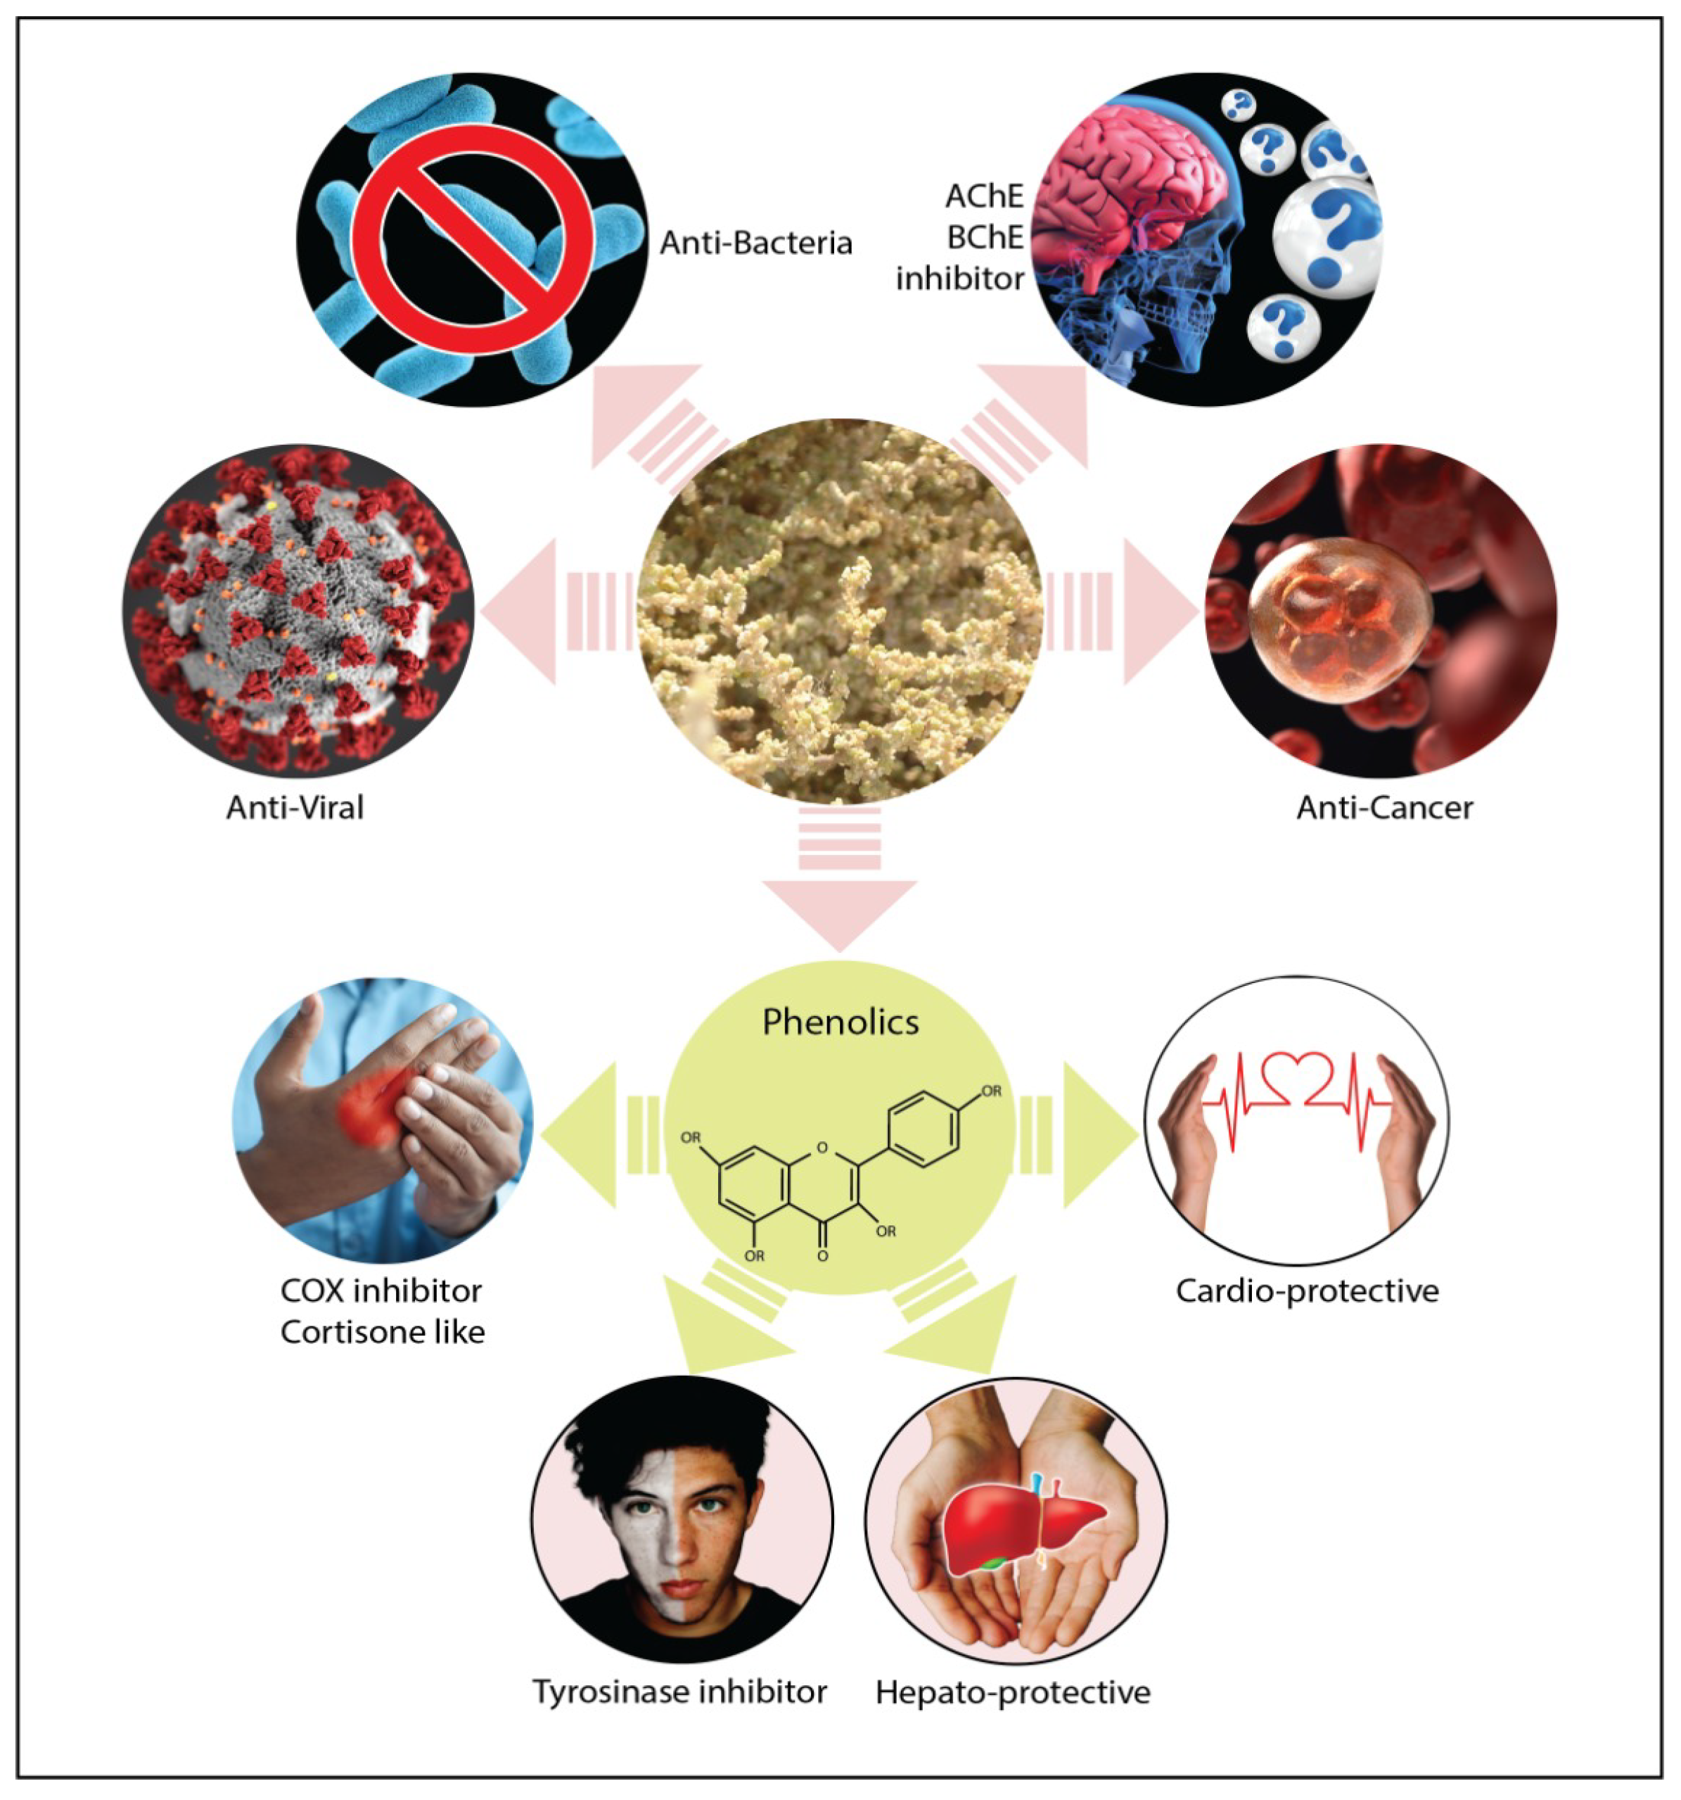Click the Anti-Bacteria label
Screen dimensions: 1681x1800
click(x=755, y=243)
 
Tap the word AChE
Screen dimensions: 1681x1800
click(x=984, y=196)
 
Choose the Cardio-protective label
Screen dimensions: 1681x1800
click(x=1306, y=1291)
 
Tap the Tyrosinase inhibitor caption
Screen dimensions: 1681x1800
click(x=679, y=1692)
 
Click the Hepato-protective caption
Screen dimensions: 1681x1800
click(x=1012, y=1692)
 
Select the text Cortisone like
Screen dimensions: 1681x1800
click(x=382, y=1332)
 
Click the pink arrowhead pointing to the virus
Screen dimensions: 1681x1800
click(x=523, y=612)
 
